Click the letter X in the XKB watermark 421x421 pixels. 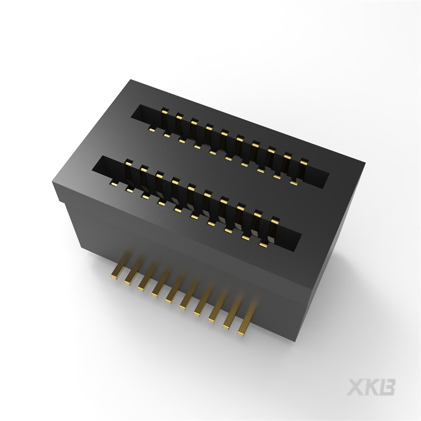point(357,387)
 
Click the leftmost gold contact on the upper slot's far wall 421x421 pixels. point(164,111)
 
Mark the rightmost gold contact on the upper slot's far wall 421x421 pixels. point(304,163)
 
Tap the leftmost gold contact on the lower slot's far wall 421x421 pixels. point(128,163)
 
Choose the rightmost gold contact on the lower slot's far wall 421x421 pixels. point(274,221)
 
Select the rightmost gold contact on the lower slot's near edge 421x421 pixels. point(263,245)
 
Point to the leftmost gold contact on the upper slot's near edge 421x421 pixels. point(152,130)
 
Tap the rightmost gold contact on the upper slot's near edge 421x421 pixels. point(294,182)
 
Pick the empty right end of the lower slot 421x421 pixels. point(289,239)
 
